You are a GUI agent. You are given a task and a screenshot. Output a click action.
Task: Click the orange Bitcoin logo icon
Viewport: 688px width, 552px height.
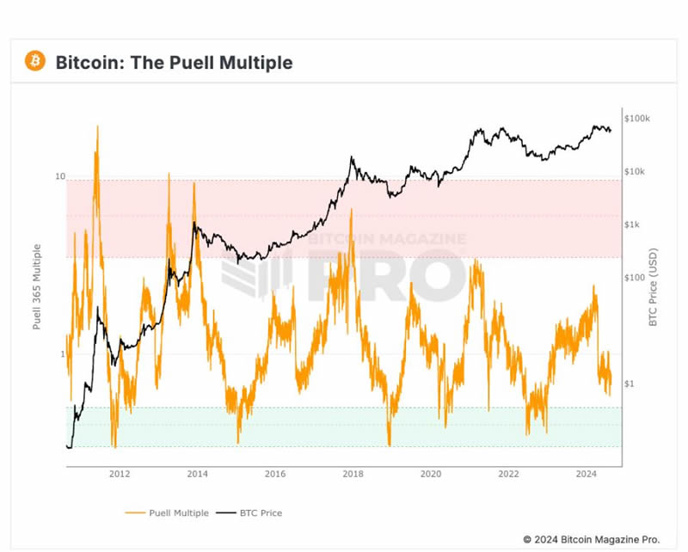(x=35, y=61)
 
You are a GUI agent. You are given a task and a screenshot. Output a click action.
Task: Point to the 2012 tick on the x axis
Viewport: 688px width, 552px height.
(x=120, y=474)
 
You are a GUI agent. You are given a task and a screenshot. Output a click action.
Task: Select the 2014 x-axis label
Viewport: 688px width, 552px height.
(x=197, y=474)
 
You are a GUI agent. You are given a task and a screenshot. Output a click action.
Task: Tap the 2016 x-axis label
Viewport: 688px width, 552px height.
(x=275, y=474)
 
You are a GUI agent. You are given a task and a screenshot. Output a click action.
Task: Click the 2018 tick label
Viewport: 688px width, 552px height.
(x=353, y=474)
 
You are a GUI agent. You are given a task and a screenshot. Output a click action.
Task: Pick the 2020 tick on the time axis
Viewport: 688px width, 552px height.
(x=431, y=474)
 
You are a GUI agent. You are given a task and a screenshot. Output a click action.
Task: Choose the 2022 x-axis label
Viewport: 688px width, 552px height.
(x=509, y=474)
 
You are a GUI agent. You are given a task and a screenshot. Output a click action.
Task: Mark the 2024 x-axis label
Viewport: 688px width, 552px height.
(x=587, y=474)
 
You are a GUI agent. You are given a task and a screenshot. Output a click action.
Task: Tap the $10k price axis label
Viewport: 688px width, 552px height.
(x=636, y=171)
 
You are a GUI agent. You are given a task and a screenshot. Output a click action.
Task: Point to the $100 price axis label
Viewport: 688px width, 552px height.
(x=634, y=278)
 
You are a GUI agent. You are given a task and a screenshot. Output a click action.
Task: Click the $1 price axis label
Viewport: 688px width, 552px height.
(x=630, y=383)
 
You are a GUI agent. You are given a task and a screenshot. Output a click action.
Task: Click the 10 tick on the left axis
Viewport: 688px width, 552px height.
(x=60, y=176)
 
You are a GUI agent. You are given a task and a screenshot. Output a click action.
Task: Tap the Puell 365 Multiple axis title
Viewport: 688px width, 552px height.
(x=37, y=286)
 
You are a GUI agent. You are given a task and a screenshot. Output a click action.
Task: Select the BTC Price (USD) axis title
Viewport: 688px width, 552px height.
(x=653, y=286)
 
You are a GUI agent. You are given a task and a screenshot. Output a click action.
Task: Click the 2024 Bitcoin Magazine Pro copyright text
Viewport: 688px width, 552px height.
(x=591, y=539)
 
